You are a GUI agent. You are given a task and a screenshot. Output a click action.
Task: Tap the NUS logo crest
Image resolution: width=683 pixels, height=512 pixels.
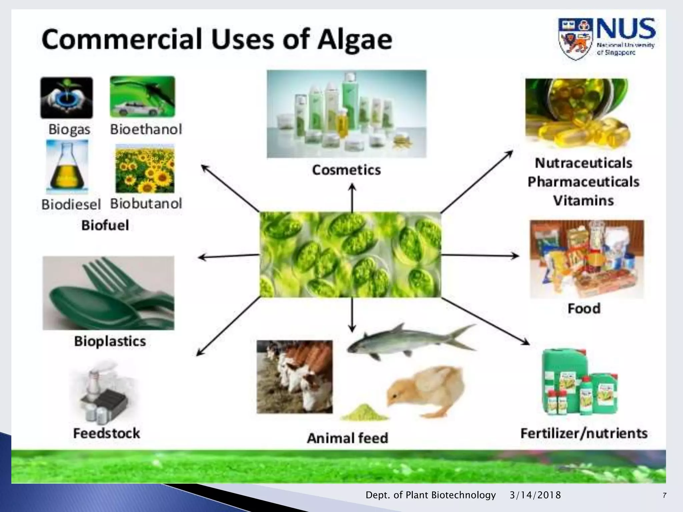(x=576, y=39)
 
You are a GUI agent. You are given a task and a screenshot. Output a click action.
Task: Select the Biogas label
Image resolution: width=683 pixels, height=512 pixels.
(x=69, y=129)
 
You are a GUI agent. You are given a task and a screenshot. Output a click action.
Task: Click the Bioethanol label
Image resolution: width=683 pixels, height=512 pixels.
(x=146, y=129)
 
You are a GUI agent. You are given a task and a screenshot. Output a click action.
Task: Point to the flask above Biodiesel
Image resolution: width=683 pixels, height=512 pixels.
(x=67, y=167)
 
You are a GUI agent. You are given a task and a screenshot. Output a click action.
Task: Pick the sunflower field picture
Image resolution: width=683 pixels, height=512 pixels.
(x=145, y=169)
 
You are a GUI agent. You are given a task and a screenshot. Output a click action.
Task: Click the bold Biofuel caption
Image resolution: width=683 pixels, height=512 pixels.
(x=105, y=225)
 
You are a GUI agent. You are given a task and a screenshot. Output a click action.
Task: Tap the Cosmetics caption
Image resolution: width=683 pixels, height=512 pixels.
(x=347, y=170)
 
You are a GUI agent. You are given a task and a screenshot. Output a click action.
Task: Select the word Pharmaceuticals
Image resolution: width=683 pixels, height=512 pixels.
(x=583, y=182)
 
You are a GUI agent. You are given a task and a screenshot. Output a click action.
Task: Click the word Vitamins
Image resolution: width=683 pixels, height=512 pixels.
(x=583, y=201)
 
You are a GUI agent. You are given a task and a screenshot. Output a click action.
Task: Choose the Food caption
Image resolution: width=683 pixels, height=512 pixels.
(x=584, y=308)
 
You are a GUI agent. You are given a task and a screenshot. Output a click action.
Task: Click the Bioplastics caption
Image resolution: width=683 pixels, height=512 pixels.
(x=110, y=341)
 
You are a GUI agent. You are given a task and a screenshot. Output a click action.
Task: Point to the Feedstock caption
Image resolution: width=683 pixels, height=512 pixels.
(x=107, y=433)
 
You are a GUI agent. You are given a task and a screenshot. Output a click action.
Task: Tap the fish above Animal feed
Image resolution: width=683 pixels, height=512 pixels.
(x=410, y=342)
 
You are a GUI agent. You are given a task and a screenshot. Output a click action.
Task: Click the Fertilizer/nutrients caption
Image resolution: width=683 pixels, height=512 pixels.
(x=584, y=433)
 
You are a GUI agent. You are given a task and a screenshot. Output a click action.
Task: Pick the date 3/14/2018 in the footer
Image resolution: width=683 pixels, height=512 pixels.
(x=535, y=495)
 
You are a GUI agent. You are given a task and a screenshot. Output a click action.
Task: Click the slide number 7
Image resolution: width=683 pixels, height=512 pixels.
(x=665, y=495)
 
